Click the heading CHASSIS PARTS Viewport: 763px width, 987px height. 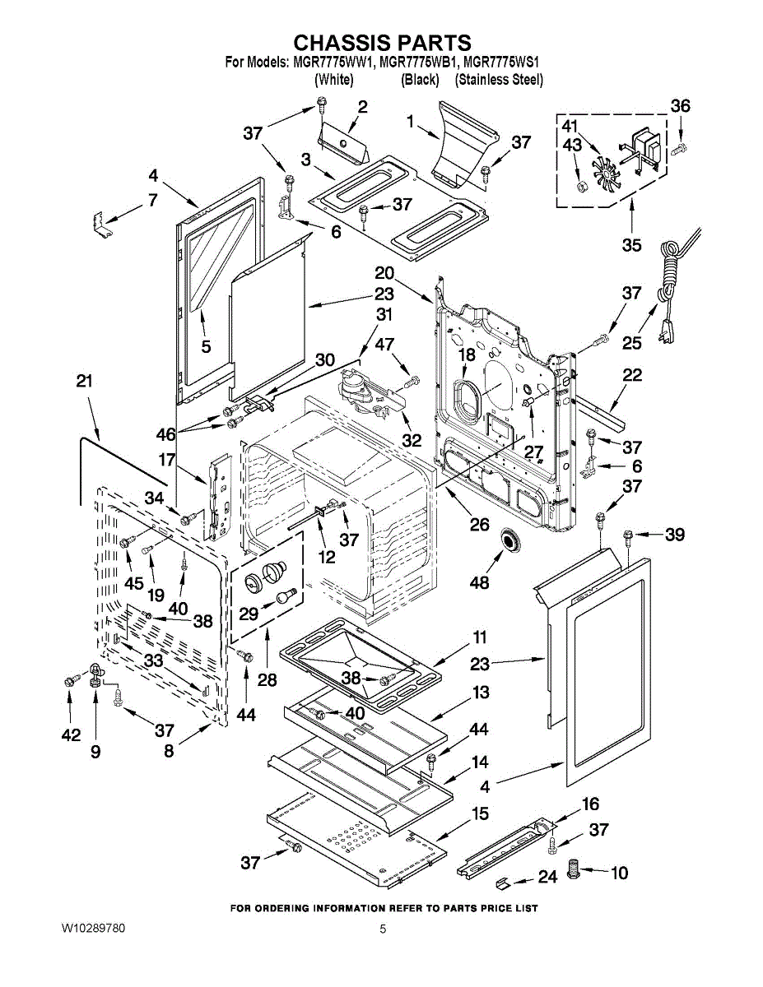point(383,43)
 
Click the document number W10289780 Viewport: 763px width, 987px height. point(93,929)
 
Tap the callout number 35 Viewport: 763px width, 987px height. point(632,244)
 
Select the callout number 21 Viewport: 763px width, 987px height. point(83,382)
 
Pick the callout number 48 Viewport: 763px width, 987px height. point(479,583)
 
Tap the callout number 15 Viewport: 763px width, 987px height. point(479,813)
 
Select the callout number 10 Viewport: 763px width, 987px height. point(619,872)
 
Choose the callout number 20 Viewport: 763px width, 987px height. point(384,273)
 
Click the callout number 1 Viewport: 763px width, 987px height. point(410,121)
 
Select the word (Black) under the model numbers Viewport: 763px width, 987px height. point(419,80)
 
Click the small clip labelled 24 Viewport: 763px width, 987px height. point(503,883)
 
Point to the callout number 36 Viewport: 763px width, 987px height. point(680,106)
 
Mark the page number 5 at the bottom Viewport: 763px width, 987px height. point(383,929)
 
